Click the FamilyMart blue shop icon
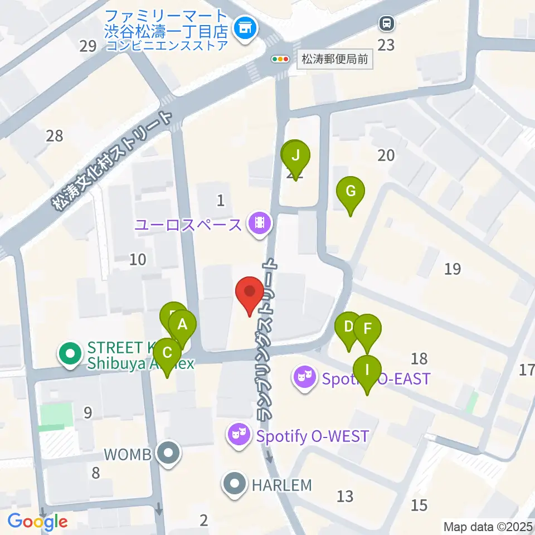[x=244, y=26]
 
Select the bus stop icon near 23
[x=386, y=24]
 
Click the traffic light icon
[x=280, y=59]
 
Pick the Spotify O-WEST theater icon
[x=240, y=435]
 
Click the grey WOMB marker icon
[x=167, y=454]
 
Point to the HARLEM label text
[x=281, y=485]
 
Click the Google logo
[x=37, y=522]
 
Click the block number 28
[x=55, y=135]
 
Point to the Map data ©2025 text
[x=488, y=526]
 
